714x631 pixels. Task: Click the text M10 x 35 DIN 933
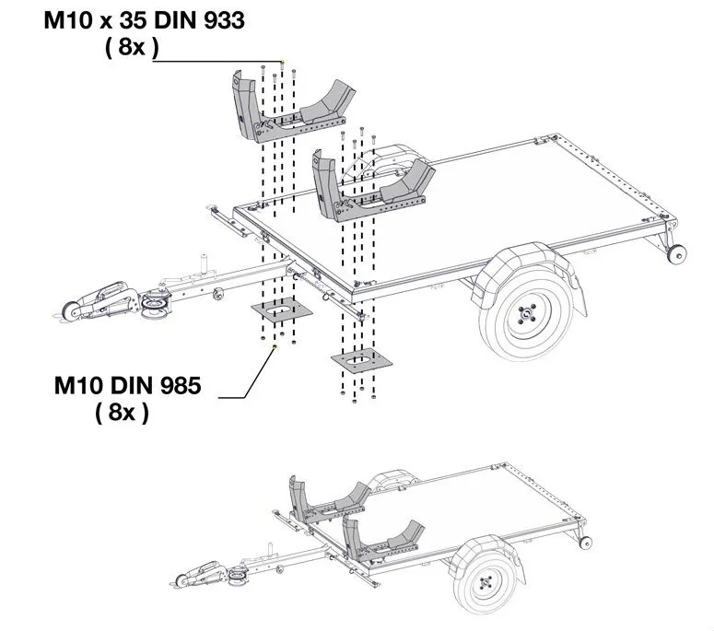click(144, 20)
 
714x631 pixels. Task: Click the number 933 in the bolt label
click(221, 20)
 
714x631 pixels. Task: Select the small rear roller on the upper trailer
click(679, 255)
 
